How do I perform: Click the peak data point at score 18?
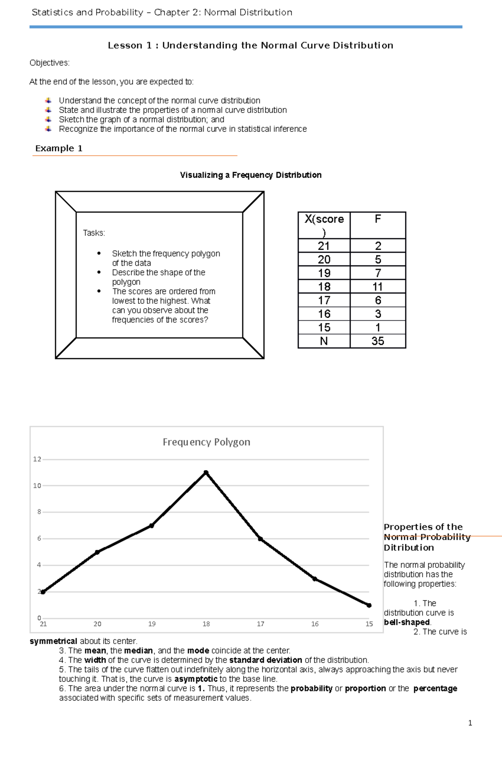pyautogui.click(x=206, y=473)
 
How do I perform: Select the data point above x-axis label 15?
pyautogui.click(x=369, y=605)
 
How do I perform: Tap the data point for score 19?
pyautogui.click(x=151, y=526)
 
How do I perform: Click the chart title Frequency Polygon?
pyautogui.click(x=206, y=442)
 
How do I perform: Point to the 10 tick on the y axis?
pyautogui.click(x=37, y=485)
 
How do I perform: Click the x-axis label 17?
pyautogui.click(x=260, y=624)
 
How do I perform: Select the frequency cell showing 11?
pyautogui.click(x=377, y=287)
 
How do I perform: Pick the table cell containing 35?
pyautogui.click(x=377, y=341)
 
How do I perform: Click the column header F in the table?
pyautogui.click(x=377, y=219)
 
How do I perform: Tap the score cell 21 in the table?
pyautogui.click(x=324, y=246)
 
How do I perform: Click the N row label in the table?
pyautogui.click(x=324, y=341)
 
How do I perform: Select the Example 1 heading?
pyautogui.click(x=59, y=148)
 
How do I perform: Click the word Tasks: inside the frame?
pyautogui.click(x=94, y=233)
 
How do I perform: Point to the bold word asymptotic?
pyautogui.click(x=196, y=679)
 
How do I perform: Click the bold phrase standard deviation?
pyautogui.click(x=266, y=660)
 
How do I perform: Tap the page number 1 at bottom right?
pyautogui.click(x=470, y=723)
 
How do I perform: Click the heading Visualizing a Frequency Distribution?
pyautogui.click(x=251, y=175)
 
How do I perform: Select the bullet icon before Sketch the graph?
pyautogui.click(x=49, y=119)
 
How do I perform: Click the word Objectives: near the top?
pyautogui.click(x=49, y=63)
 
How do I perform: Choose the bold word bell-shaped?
pyautogui.click(x=407, y=622)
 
